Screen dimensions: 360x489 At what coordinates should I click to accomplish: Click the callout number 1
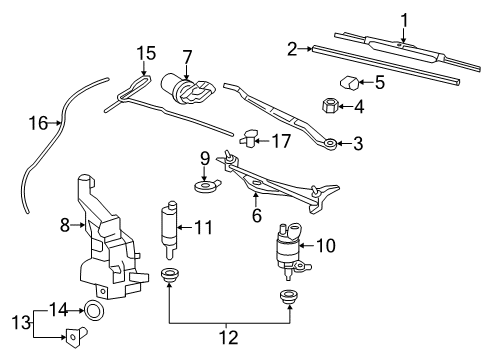point(405,18)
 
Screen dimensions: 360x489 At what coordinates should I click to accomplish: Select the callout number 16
point(37,124)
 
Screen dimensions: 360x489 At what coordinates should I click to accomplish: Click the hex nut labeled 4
point(331,104)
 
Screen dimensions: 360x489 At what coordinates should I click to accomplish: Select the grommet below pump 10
point(290,297)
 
